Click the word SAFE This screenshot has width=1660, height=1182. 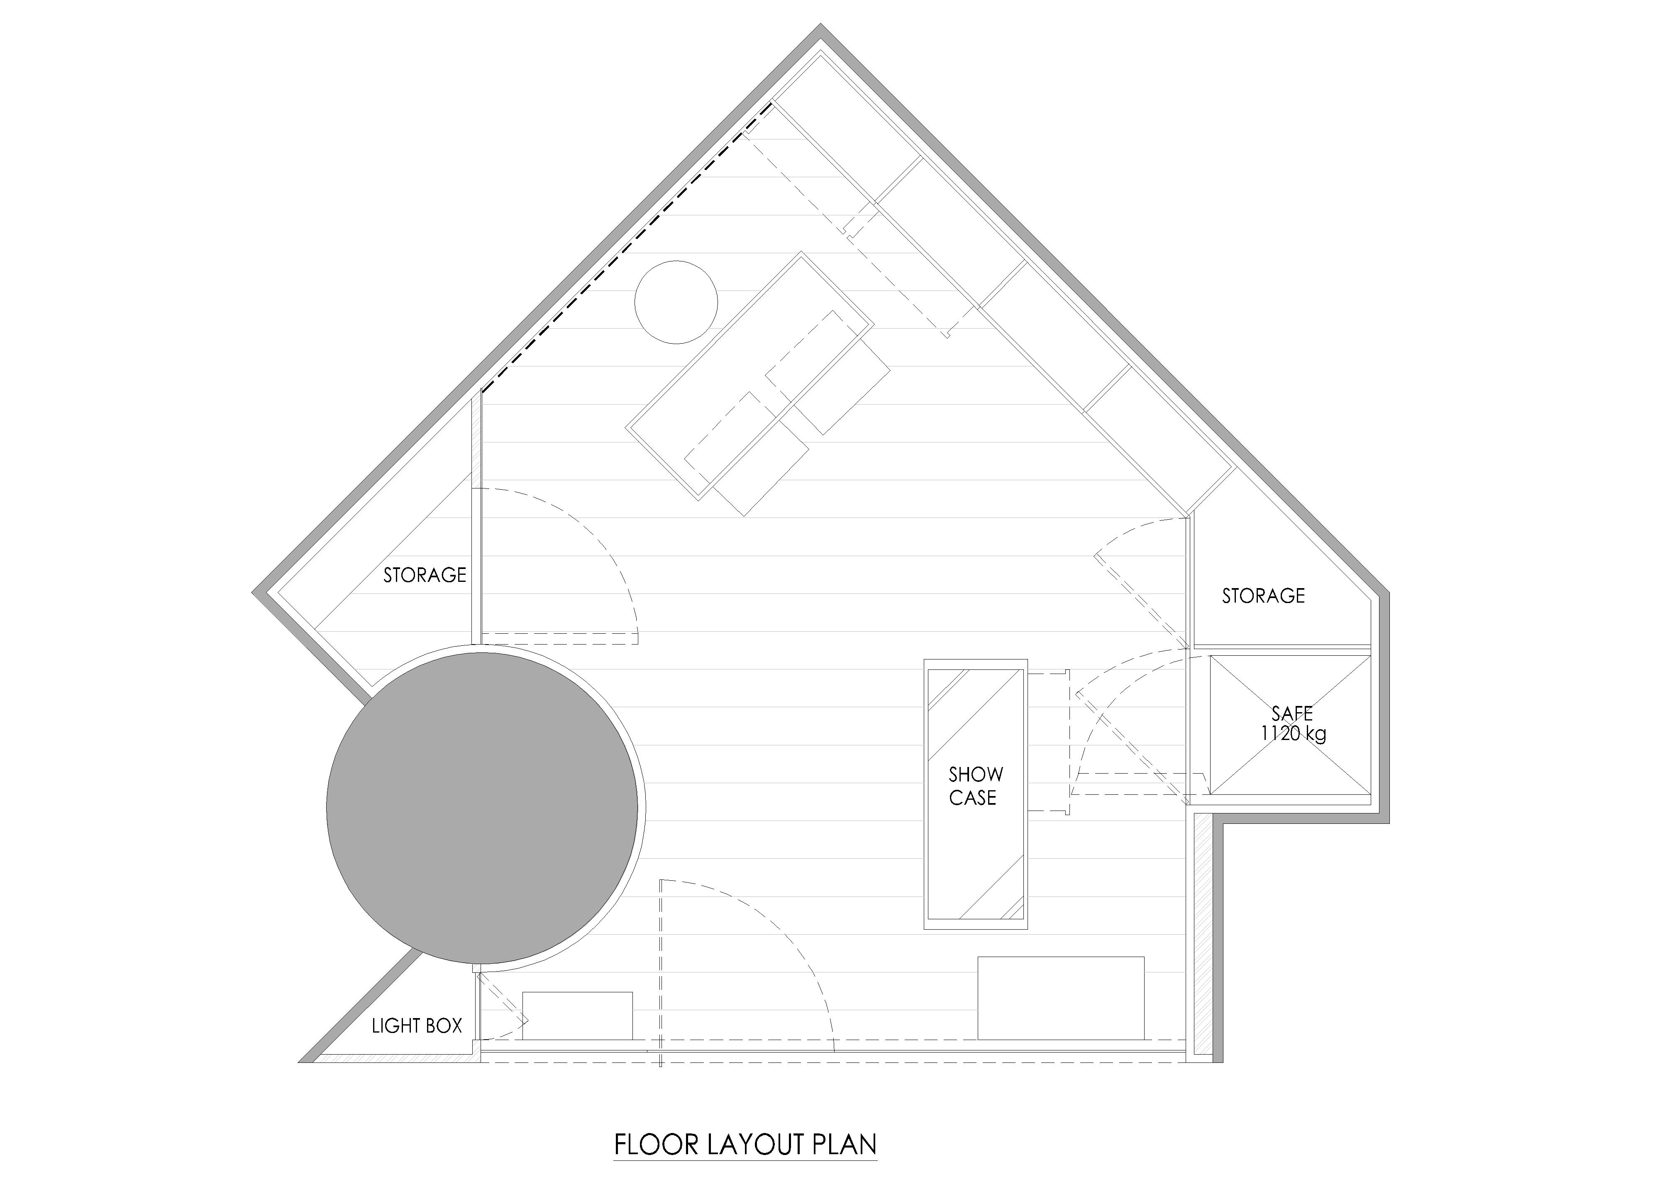tap(1292, 713)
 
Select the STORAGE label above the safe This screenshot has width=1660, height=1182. tap(1263, 596)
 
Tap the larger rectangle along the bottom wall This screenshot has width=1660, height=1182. tap(1060, 998)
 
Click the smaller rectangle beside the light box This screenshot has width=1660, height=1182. tap(577, 1015)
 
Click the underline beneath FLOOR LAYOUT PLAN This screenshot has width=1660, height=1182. tap(746, 1160)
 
